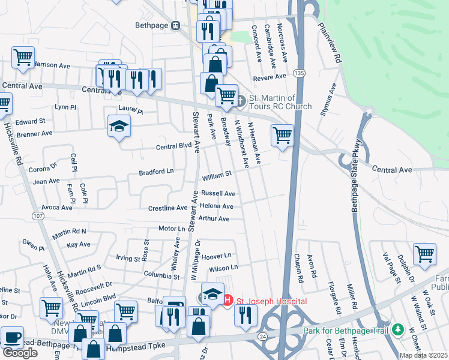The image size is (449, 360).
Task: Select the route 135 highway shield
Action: (x=298, y=73)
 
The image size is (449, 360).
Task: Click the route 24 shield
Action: (x=262, y=337)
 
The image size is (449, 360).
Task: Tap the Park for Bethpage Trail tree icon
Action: (x=397, y=329)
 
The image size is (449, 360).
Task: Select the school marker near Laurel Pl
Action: (x=119, y=126)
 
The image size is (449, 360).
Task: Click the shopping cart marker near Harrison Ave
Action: (x=23, y=58)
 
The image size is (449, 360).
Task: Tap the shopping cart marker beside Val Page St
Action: (x=424, y=253)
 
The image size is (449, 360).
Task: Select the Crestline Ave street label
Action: (x=168, y=208)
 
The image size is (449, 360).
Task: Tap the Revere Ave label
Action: (x=270, y=77)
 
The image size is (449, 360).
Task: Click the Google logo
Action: (x=20, y=353)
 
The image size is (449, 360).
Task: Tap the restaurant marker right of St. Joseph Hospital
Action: (x=245, y=314)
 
